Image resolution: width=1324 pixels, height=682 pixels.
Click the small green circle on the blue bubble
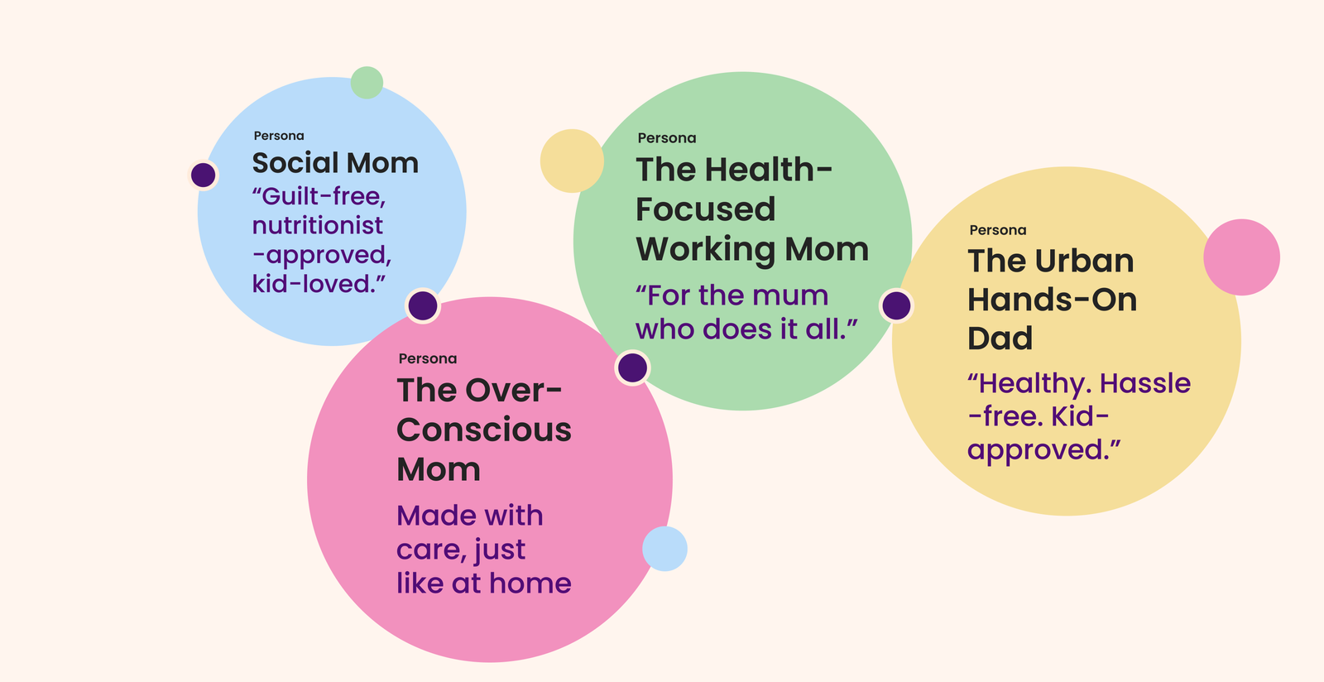click(367, 83)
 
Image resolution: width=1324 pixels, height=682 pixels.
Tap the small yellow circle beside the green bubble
click(572, 161)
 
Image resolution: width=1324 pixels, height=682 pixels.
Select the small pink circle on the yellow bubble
click(1242, 257)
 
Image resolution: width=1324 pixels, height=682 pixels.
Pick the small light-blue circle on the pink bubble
click(665, 549)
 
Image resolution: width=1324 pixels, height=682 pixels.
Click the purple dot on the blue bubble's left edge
click(204, 175)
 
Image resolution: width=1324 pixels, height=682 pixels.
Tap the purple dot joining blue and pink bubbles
click(423, 305)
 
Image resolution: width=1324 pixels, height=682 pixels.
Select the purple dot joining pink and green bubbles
click(632, 367)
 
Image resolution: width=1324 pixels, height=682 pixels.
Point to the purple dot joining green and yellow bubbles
click(897, 305)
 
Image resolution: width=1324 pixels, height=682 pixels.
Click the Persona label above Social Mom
click(279, 136)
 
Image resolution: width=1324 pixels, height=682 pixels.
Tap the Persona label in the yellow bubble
click(998, 230)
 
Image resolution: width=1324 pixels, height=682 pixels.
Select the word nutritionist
click(318, 225)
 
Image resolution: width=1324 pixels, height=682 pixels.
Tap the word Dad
click(1000, 338)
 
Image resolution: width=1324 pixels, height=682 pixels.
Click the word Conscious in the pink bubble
click(484, 430)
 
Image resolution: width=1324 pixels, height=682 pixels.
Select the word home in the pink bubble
click(530, 584)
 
